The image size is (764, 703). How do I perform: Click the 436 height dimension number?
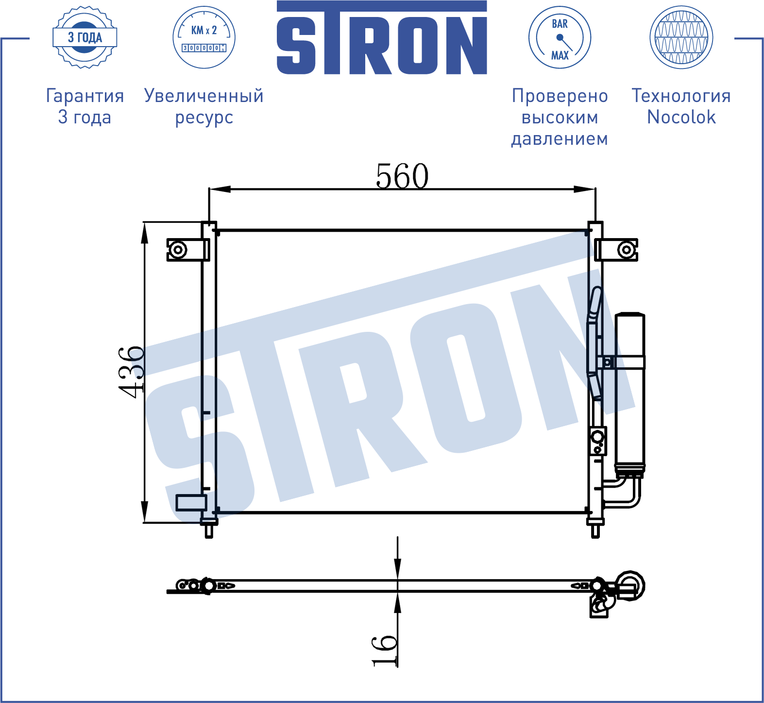131,372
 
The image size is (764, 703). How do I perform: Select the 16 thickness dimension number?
384,651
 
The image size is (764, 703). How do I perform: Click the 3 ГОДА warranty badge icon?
85,37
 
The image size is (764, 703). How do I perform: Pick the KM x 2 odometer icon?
204,37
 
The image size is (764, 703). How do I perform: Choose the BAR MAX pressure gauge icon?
560,37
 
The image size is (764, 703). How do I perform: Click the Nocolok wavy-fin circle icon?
681,37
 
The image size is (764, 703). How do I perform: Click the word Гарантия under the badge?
85,96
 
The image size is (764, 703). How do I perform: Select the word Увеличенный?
204,96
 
